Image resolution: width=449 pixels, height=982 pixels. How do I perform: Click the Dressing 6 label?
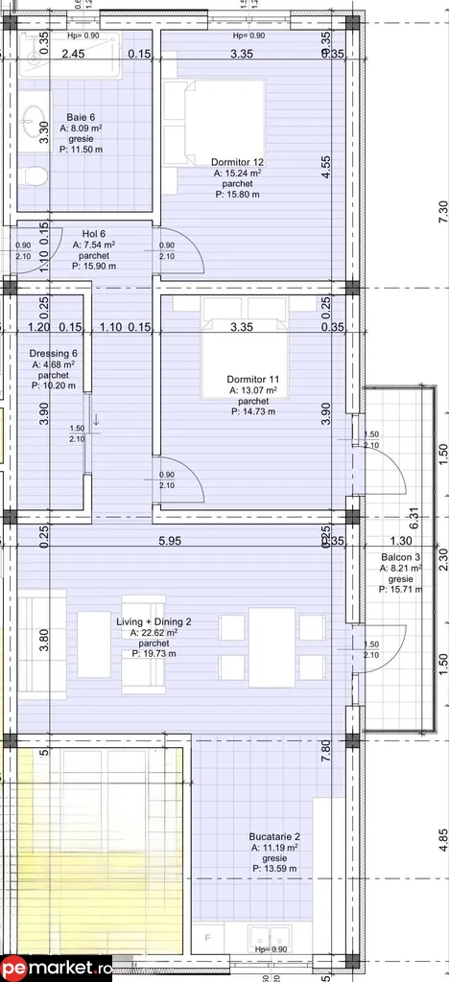click(54, 353)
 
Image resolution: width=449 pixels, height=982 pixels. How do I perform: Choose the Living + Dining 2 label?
click(154, 621)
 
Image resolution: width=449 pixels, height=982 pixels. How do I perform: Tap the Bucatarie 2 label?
click(274, 835)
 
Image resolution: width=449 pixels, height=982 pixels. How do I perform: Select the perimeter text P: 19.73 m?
click(154, 654)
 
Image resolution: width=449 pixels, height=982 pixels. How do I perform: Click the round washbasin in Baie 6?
click(38, 123)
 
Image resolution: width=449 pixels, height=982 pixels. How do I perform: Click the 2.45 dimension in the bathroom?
click(74, 54)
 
